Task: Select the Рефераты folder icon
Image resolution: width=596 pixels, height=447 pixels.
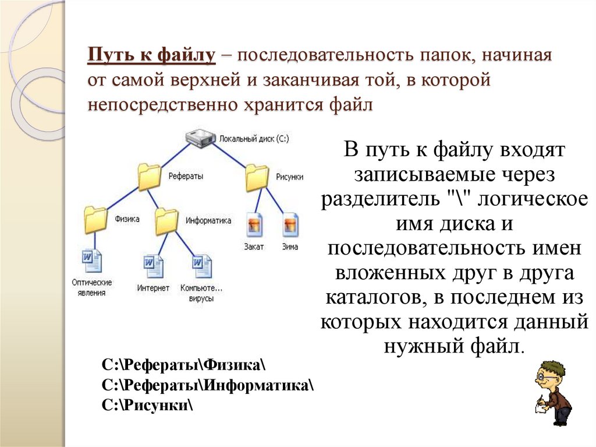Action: (x=150, y=176)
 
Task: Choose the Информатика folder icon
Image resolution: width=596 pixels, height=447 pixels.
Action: (x=167, y=221)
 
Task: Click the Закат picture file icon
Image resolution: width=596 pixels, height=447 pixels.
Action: (x=254, y=224)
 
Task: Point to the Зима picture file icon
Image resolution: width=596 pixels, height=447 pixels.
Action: (x=290, y=224)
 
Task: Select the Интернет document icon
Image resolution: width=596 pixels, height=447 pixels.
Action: (x=153, y=266)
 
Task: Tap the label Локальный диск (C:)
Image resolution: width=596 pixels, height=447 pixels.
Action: (x=254, y=139)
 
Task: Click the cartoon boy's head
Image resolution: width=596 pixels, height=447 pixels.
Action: (x=551, y=374)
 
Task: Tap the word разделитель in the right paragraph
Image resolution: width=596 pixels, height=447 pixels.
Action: (x=379, y=199)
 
